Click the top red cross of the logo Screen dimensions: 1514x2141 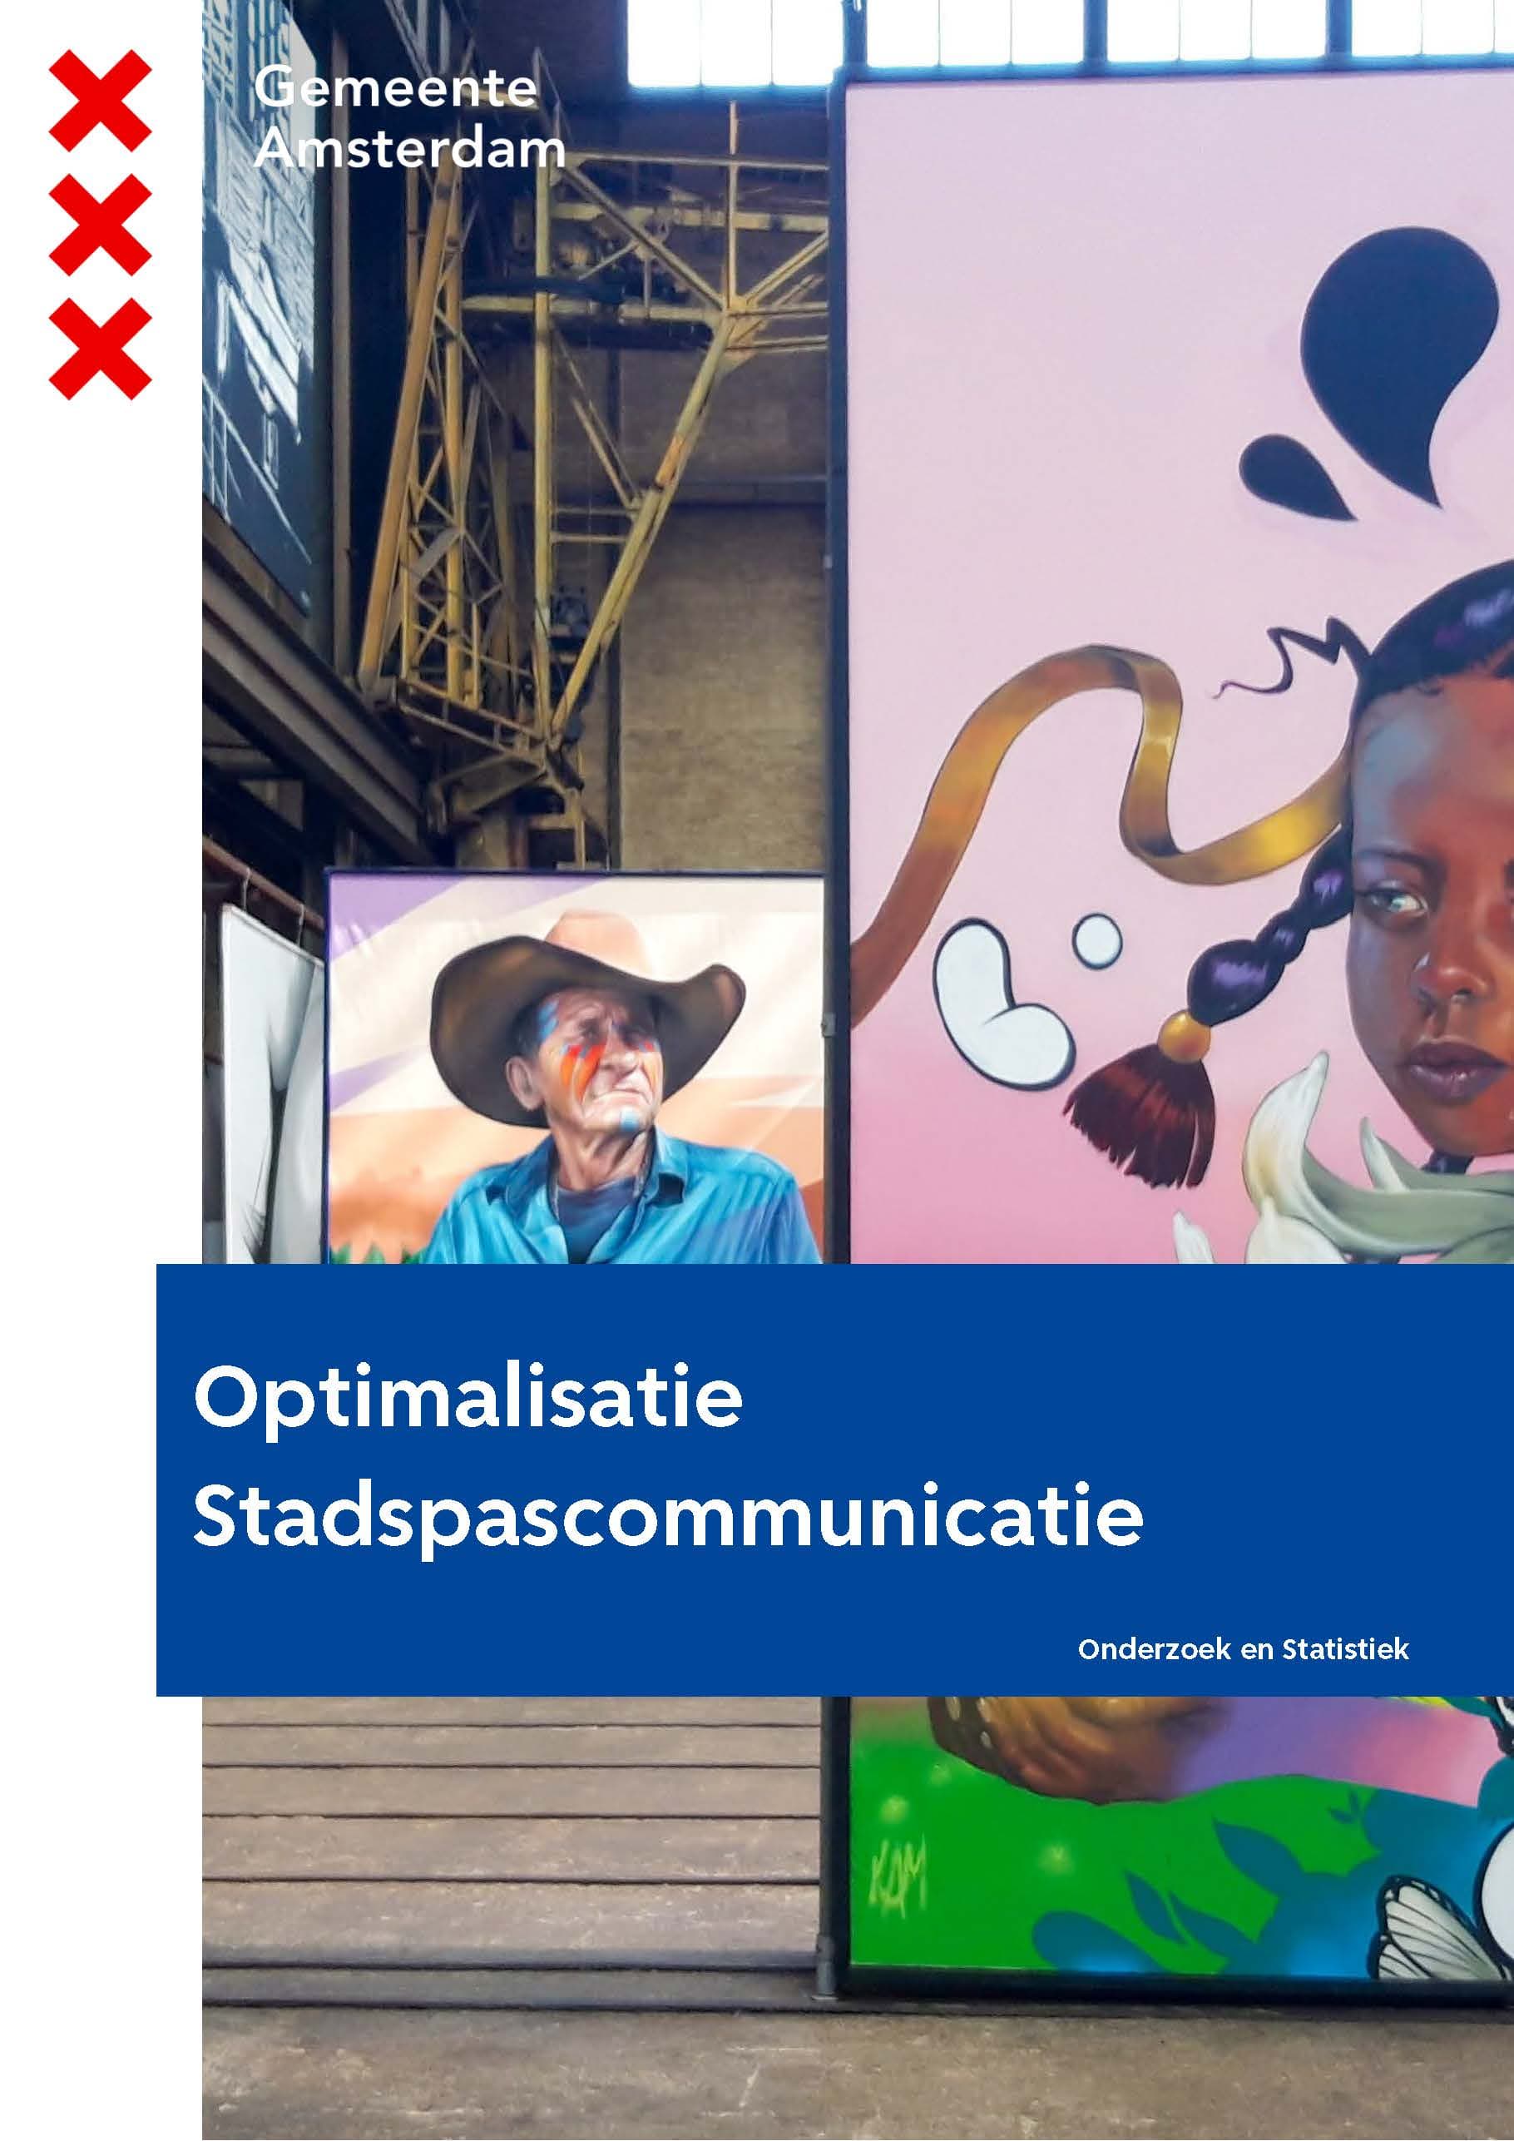coord(100,101)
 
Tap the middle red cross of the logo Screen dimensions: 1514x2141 coord(100,225)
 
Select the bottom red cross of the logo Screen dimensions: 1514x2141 coord(100,349)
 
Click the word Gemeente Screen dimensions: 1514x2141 coord(395,90)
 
